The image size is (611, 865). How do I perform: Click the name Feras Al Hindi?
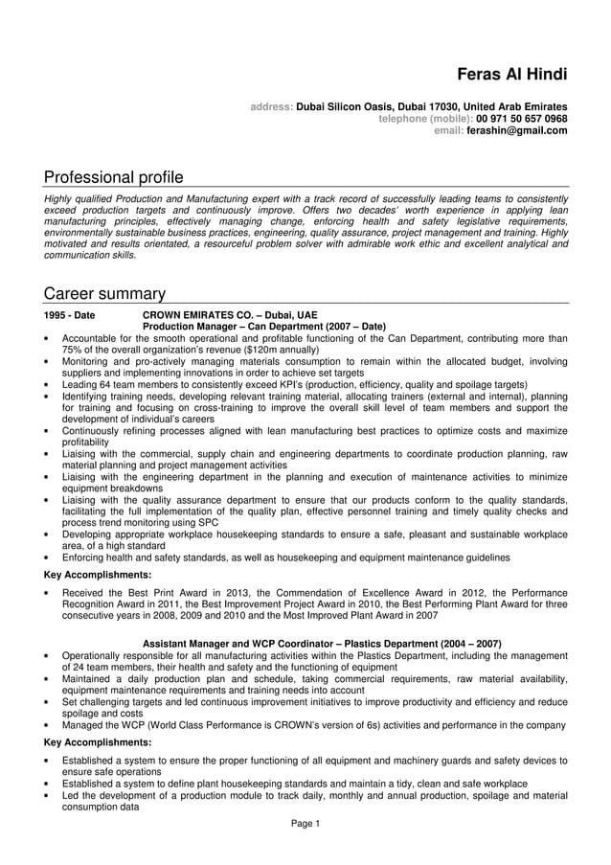point(511,75)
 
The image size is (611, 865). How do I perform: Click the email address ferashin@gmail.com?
point(516,131)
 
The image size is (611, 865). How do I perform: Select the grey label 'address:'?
point(271,106)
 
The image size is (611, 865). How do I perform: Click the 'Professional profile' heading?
point(113,177)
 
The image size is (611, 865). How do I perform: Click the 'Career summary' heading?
point(104,293)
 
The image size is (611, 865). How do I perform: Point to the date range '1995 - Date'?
point(70,315)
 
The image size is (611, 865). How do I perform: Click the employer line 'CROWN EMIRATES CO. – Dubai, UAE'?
point(229,315)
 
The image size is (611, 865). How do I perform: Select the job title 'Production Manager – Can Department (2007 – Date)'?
point(263,327)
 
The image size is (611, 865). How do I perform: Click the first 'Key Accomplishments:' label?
point(98,575)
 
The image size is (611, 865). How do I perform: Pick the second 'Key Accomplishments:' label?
point(98,742)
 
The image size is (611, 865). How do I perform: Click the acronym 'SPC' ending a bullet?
point(209,523)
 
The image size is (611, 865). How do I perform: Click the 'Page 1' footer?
point(305,824)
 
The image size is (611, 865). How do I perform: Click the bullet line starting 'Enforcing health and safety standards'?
point(285,558)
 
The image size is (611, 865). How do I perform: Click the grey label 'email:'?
point(449,131)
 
